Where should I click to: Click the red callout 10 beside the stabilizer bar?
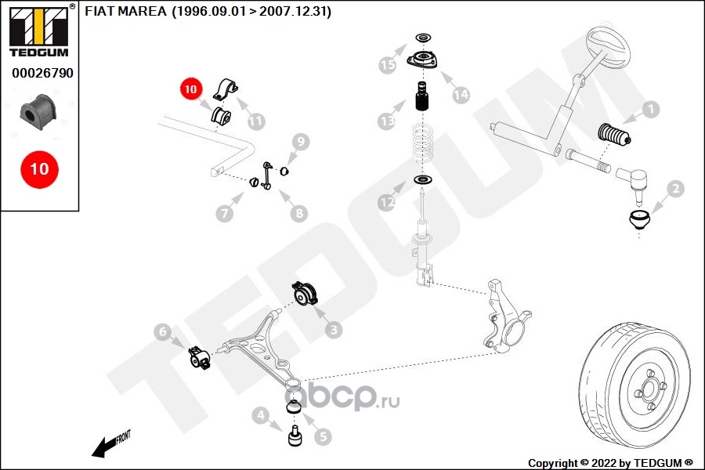pyautogui.click(x=191, y=89)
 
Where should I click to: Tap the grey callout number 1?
pyautogui.click(x=649, y=110)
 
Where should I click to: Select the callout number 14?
pyautogui.click(x=461, y=95)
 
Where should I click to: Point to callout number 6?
pyautogui.click(x=162, y=333)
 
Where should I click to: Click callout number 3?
pyautogui.click(x=334, y=331)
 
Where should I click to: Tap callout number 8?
pyautogui.click(x=299, y=213)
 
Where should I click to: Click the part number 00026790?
pyautogui.click(x=42, y=74)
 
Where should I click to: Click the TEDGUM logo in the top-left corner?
pyautogui.click(x=38, y=31)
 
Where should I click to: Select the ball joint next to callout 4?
pyautogui.click(x=296, y=435)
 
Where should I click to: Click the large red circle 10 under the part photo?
pyautogui.click(x=39, y=168)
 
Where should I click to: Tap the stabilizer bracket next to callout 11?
pyautogui.click(x=226, y=89)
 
